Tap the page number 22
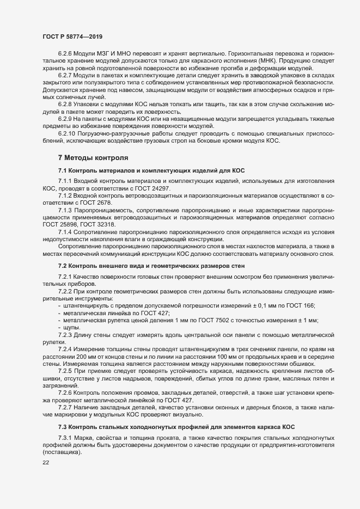[46, 462]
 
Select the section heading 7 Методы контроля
[93, 158]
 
